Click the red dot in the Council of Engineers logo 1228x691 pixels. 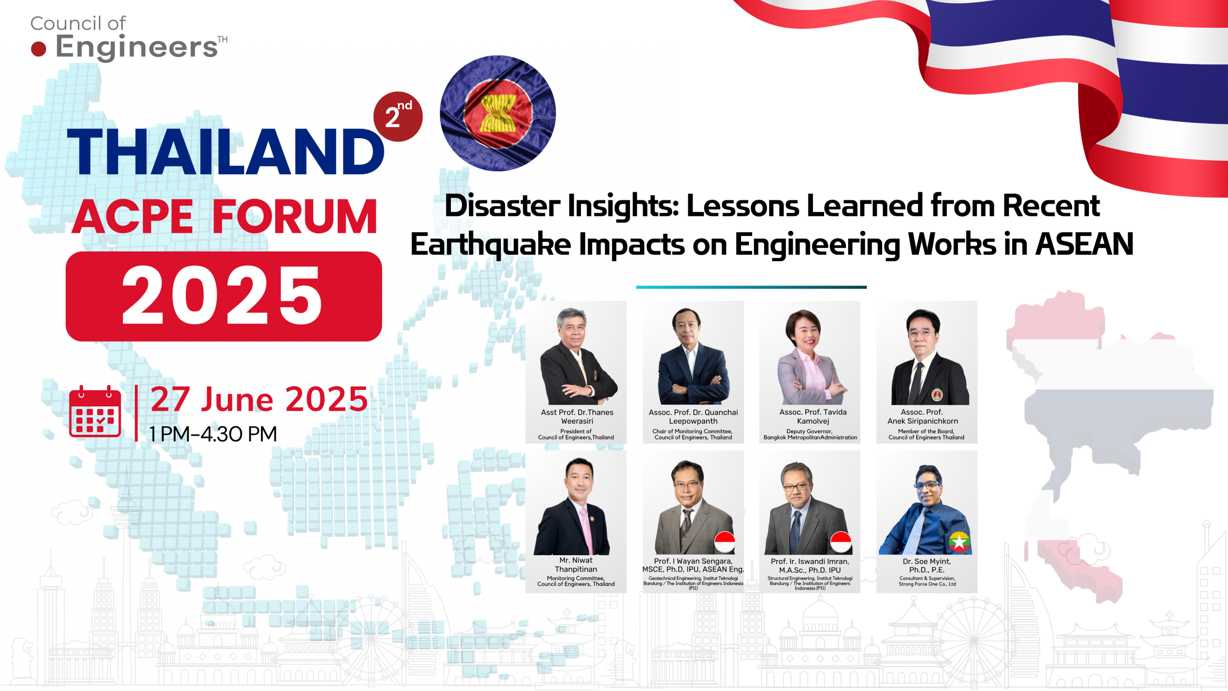click(x=38, y=49)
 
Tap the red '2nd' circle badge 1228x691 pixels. click(x=398, y=117)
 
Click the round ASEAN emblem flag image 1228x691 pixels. click(x=497, y=113)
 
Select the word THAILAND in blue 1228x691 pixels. click(x=225, y=152)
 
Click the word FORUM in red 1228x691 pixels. click(x=295, y=217)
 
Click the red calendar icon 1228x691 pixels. click(x=95, y=412)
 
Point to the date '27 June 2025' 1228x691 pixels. click(x=259, y=399)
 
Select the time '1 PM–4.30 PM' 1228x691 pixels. click(x=213, y=434)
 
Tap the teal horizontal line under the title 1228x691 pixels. click(x=751, y=287)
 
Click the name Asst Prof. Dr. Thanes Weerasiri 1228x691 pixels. click(x=577, y=417)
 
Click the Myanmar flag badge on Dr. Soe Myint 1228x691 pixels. click(x=959, y=542)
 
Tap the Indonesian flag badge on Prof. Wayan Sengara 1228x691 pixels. click(x=724, y=542)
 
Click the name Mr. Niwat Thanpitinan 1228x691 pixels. click(x=576, y=565)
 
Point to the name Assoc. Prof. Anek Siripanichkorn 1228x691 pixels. click(x=922, y=417)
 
